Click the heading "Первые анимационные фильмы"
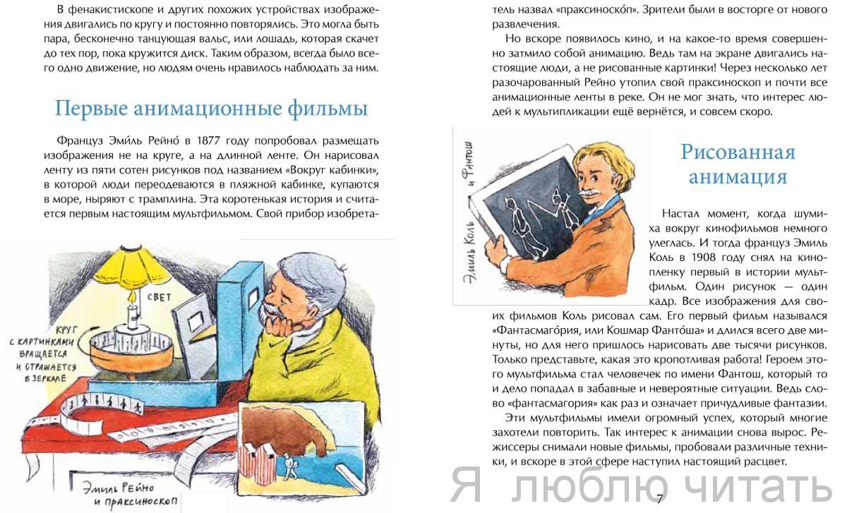(211, 109)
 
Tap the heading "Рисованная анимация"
(738, 164)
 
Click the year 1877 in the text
(208, 140)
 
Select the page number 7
(659, 499)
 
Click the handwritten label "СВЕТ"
(160, 297)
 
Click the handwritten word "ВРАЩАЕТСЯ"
(43, 354)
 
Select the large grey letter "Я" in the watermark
(466, 485)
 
